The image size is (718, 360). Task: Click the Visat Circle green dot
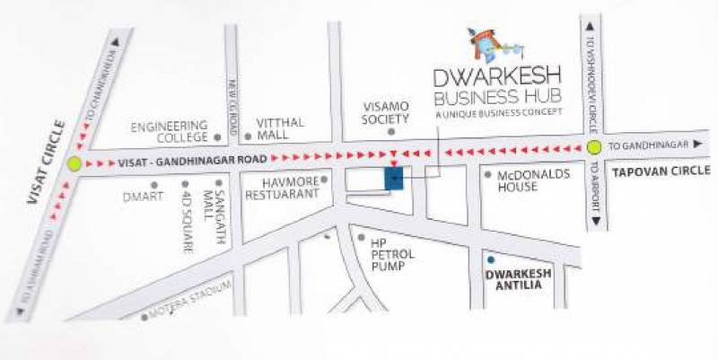(74, 163)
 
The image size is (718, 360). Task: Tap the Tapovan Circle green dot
(593, 148)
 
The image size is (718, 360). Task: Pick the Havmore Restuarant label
(283, 186)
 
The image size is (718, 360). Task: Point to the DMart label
(139, 195)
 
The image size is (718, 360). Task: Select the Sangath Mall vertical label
(214, 215)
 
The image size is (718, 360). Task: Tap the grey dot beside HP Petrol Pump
(362, 238)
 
